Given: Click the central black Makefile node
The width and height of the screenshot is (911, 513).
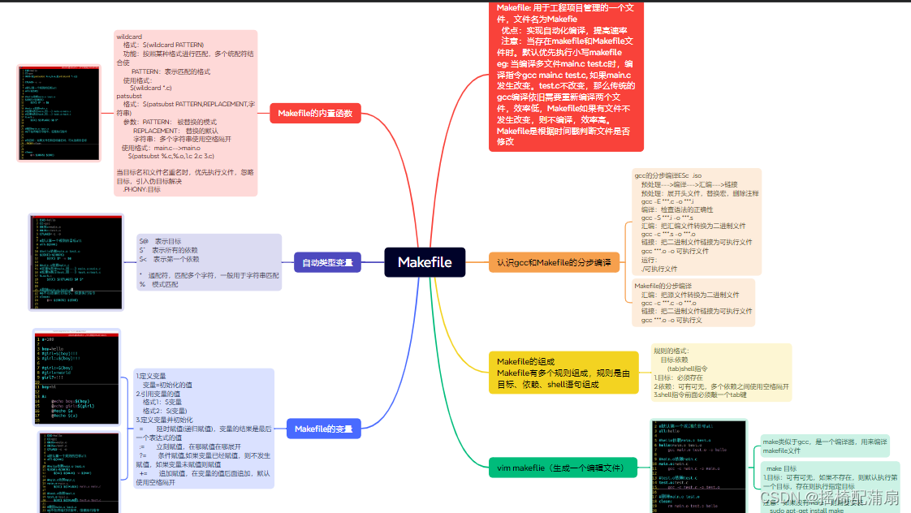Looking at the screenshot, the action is coord(425,262).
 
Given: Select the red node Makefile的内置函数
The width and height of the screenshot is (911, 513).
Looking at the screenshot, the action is coord(315,114).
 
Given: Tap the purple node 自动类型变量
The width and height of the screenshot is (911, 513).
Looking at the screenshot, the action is coord(327,262).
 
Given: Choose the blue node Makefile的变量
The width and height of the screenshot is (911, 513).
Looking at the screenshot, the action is coord(323,429).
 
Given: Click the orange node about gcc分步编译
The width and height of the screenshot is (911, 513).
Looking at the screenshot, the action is coord(553,262).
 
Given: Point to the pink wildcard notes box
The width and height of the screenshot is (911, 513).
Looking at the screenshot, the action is coord(186,113).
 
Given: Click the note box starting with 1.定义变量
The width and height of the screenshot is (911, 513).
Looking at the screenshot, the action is coord(204,428).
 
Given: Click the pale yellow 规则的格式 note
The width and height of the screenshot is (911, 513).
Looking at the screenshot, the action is coord(721,372).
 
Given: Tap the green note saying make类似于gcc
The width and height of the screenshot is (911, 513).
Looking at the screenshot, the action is coord(823,446).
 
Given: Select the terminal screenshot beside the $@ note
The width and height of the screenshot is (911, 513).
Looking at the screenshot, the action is coord(76,261).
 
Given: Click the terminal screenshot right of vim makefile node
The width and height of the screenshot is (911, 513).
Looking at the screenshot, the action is coord(698,464).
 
